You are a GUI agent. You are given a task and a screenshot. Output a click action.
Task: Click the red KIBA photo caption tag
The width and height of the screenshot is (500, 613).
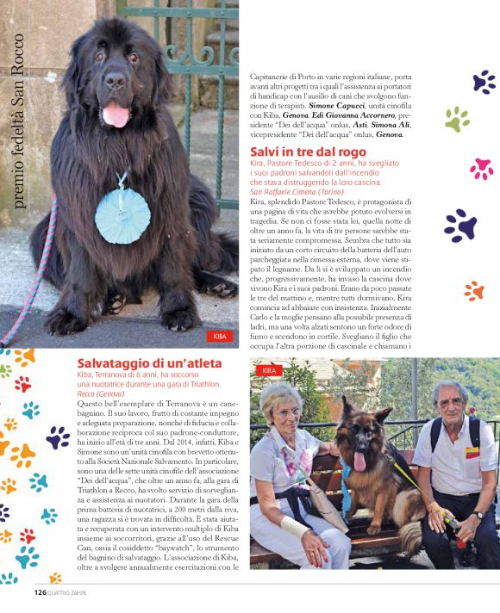[220, 336]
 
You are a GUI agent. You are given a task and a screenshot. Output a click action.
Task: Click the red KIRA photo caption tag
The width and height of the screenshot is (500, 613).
[270, 370]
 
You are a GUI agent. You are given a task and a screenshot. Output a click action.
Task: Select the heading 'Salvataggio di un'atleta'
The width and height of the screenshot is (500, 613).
[149, 363]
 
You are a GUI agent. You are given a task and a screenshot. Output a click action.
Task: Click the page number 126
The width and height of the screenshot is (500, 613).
[40, 592]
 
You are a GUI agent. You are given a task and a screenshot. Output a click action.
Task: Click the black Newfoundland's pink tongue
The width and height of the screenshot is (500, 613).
[115, 114]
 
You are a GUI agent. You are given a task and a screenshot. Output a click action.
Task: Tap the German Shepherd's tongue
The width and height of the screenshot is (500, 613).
[360, 461]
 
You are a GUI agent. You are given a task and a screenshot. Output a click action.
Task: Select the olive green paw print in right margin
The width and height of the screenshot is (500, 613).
[457, 119]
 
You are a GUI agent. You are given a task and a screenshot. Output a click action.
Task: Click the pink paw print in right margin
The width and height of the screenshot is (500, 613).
[481, 168]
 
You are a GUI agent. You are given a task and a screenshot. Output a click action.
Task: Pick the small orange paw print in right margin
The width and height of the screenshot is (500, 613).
[474, 291]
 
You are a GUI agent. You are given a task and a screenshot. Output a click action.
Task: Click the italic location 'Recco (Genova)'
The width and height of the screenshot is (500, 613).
[101, 393]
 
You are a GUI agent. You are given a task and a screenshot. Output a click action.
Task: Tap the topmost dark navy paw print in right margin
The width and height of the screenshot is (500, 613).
[484, 82]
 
